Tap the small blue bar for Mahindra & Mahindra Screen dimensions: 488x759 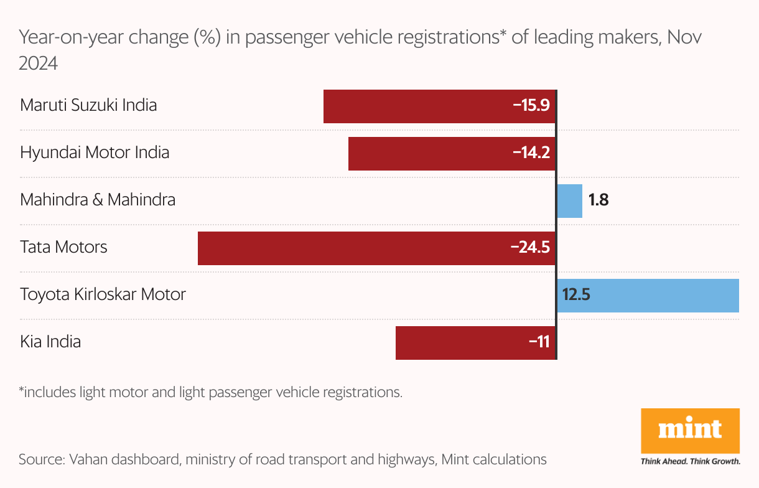coord(569,201)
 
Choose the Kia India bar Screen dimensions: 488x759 coord(460,343)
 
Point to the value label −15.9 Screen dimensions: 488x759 coord(531,105)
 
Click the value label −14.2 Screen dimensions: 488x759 coord(531,152)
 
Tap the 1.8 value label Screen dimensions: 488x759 coord(598,200)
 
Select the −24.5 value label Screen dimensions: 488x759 coord(530,247)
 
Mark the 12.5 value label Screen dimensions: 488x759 coord(575,294)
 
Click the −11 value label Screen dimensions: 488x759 coord(539,342)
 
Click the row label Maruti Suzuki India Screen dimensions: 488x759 coord(88,105)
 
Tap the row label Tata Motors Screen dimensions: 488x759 coord(63,247)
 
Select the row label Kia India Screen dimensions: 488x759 coord(50,342)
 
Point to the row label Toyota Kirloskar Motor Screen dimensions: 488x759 coord(103,294)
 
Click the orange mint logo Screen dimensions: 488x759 coord(690,430)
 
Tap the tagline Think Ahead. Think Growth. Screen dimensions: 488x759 coord(690,462)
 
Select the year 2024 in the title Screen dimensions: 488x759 coord(39,63)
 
